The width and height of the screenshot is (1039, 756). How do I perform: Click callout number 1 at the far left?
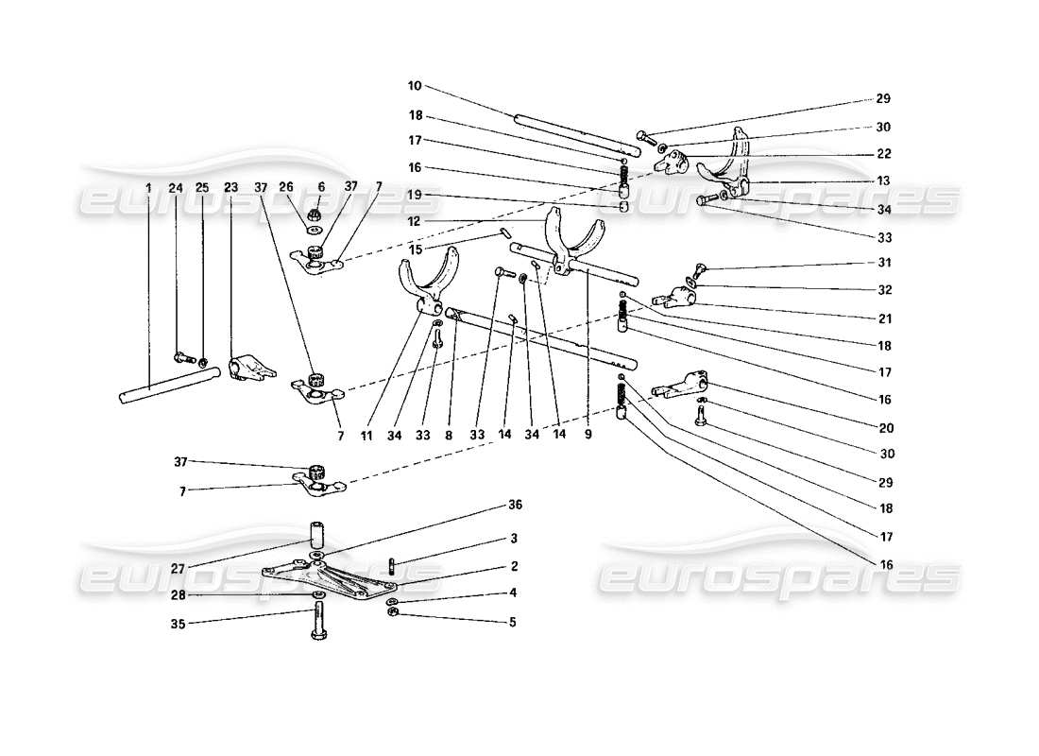[149, 188]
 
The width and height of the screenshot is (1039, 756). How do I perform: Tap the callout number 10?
[414, 86]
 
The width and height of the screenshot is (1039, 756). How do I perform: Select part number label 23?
[230, 188]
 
